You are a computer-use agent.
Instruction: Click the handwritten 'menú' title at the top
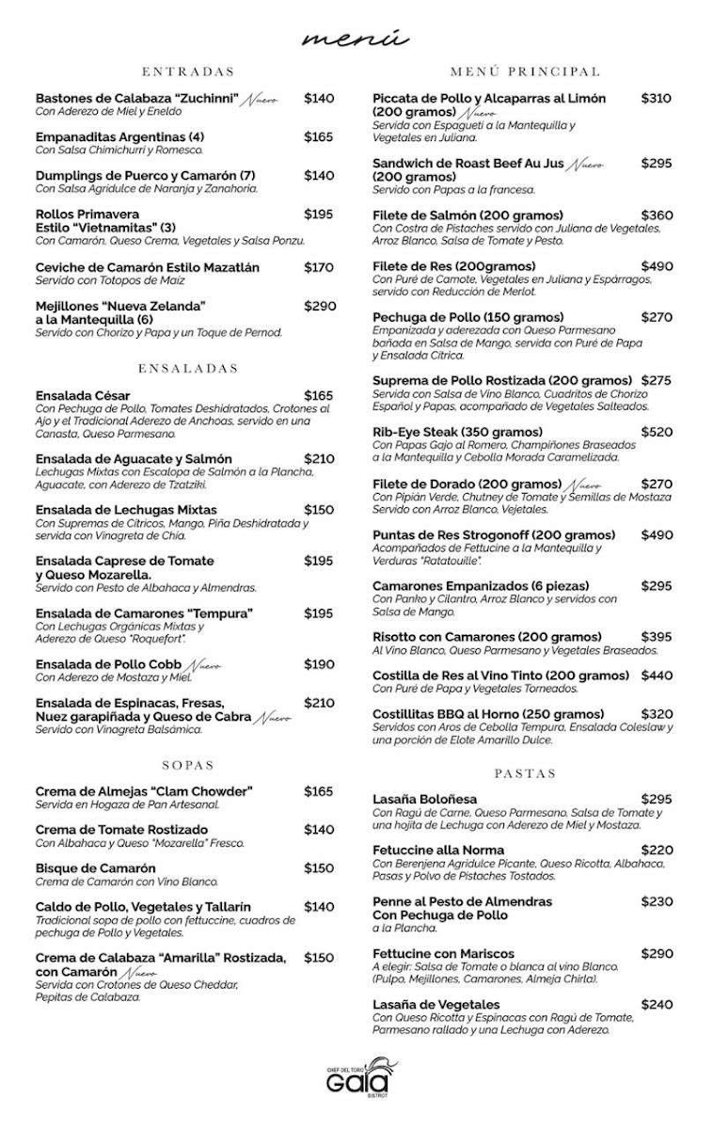[x=356, y=39]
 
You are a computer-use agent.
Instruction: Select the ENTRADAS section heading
[x=188, y=72]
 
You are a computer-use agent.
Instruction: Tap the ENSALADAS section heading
[x=188, y=368]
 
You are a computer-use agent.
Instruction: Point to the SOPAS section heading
[x=188, y=766]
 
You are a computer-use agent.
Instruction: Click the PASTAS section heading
[x=525, y=773]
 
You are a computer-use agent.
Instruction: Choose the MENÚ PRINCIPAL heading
[x=525, y=72]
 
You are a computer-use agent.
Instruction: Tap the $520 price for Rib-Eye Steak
[x=657, y=433]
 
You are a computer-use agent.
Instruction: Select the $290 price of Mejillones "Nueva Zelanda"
[x=320, y=306]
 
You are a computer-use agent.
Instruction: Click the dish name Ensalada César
[x=83, y=396]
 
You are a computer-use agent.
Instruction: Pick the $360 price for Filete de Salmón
[x=657, y=215]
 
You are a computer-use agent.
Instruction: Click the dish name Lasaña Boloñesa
[x=424, y=799]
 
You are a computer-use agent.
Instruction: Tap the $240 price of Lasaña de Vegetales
[x=657, y=1005]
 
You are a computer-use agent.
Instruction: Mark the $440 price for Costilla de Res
[x=657, y=676]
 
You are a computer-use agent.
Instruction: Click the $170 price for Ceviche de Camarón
[x=319, y=267]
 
